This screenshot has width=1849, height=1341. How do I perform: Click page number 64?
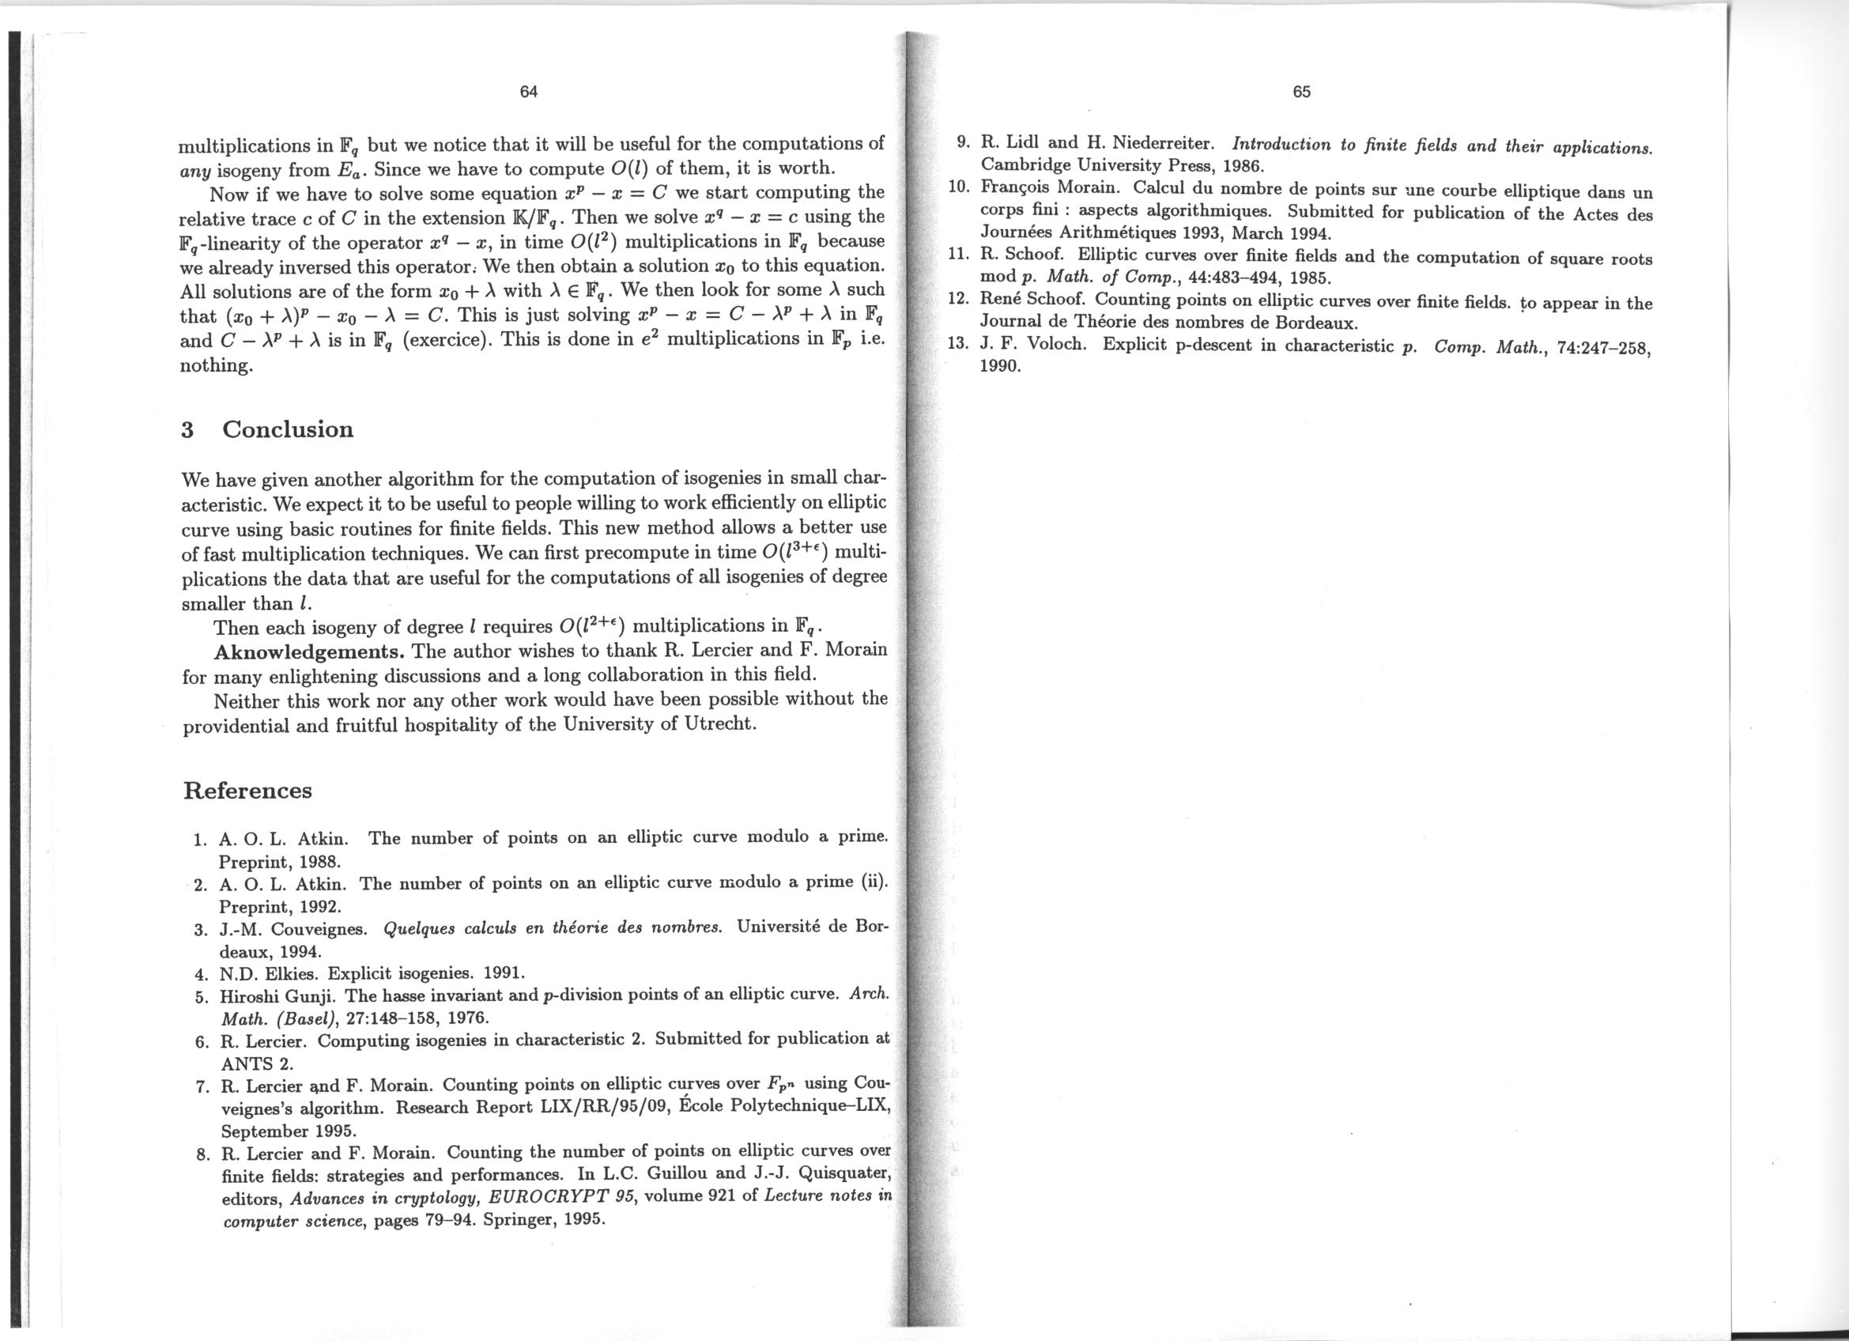(x=528, y=91)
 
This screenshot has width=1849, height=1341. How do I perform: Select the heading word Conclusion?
(x=288, y=429)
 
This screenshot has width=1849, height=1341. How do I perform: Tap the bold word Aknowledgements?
(x=309, y=652)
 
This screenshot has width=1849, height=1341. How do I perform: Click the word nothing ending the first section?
(x=215, y=365)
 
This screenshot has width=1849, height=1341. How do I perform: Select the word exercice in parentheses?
(x=447, y=340)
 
